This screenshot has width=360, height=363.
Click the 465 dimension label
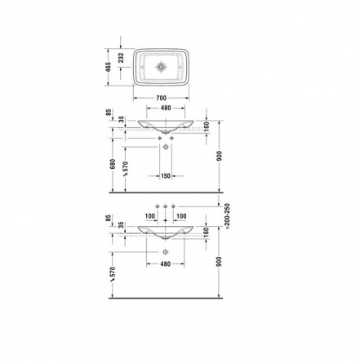[109, 67]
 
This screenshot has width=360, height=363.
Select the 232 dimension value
[121, 58]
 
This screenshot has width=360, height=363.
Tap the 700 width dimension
[161, 98]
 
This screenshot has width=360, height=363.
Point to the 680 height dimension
[113, 164]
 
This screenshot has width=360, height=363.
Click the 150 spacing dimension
[166, 176]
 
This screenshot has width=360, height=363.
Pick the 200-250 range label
[228, 215]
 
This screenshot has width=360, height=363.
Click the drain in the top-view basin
[161, 67]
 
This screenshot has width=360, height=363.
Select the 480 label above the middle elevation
[166, 108]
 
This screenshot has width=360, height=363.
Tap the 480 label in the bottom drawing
[165, 263]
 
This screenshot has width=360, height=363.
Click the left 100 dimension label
[150, 216]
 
